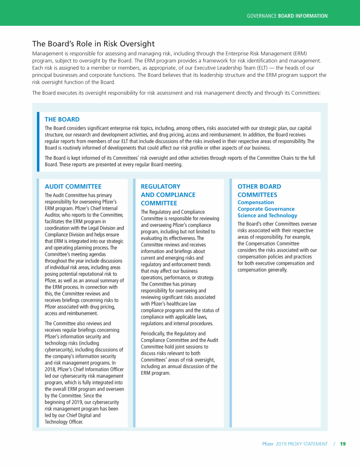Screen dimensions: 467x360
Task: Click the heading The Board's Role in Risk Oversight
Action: (x=93, y=44)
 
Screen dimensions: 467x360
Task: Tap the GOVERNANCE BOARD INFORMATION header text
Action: (x=287, y=16)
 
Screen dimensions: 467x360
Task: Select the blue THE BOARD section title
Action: (x=62, y=119)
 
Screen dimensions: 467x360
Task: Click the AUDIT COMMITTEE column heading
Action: (x=73, y=186)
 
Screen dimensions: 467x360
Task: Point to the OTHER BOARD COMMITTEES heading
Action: (x=259, y=190)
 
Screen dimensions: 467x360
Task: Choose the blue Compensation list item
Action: (x=255, y=202)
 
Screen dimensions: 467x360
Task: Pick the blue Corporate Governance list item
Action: (x=266, y=209)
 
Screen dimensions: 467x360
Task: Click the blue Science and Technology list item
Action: (x=267, y=215)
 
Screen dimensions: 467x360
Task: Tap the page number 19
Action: (x=343, y=444)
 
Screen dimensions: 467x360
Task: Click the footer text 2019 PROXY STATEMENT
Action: (x=302, y=444)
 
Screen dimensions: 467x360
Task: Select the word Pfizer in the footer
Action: (x=268, y=444)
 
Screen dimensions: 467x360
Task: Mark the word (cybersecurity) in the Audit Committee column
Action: (x=61, y=349)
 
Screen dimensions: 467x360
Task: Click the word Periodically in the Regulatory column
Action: (x=154, y=334)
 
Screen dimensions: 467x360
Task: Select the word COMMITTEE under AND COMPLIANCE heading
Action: (x=159, y=203)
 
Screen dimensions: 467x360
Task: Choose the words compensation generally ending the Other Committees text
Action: (x=262, y=270)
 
